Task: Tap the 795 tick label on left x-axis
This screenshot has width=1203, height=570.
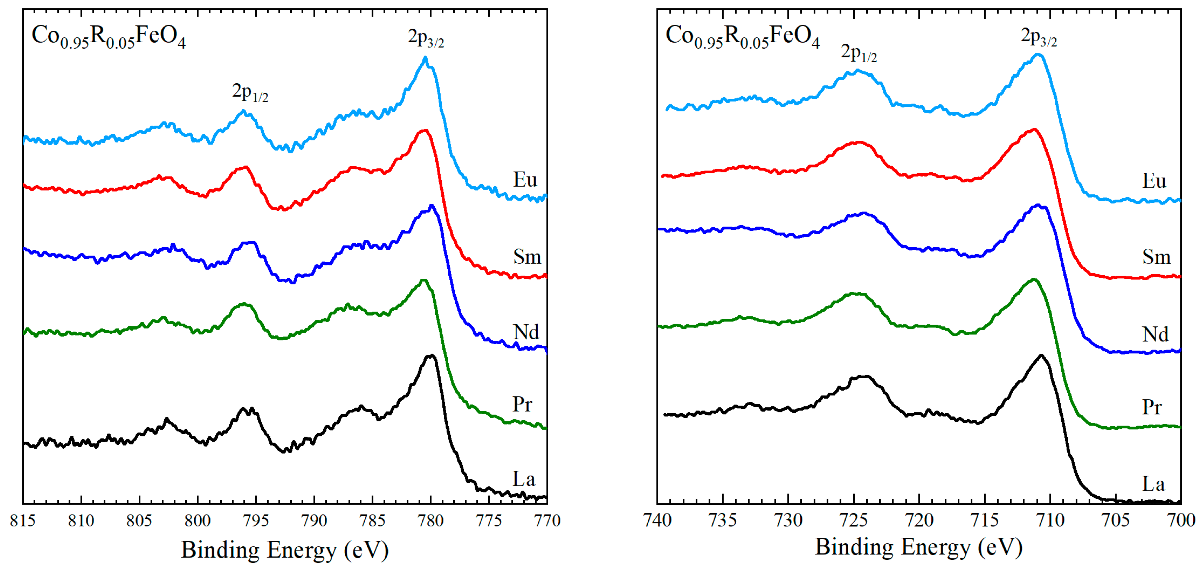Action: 256,520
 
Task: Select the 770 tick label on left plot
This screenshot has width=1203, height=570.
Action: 547,520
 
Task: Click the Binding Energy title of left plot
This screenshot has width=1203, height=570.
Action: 285,550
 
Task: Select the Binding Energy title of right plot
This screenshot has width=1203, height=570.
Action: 919,547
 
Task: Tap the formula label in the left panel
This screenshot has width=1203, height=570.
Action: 108,37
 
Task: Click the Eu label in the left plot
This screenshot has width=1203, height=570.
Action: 525,180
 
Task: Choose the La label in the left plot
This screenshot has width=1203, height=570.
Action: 524,479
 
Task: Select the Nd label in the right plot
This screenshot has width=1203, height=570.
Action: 1155,334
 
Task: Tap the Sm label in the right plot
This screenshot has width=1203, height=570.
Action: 1156,257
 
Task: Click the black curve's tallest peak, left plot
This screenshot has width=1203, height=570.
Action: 431,356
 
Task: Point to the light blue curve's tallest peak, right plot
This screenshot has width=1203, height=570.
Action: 1038,55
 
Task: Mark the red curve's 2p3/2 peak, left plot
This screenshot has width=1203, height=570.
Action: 424,131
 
